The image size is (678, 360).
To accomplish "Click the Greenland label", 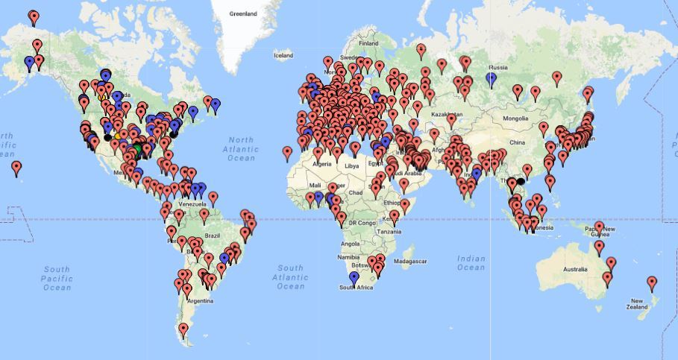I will (243, 13).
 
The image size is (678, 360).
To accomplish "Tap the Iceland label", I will (283, 55).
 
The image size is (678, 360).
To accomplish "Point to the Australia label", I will (575, 269).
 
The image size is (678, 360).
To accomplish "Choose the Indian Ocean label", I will (471, 262).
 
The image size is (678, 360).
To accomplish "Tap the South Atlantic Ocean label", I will (290, 277).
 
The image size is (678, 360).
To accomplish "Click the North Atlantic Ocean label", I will (242, 148).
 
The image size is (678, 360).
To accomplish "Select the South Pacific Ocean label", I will (57, 278).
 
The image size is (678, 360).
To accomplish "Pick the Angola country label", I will (350, 244).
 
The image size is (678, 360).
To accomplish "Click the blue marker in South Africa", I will (354, 277).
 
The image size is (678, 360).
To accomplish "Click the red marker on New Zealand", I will (652, 282).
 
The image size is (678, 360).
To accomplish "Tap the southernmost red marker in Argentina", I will (183, 327).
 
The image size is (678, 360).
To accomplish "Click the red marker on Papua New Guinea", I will (598, 226).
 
